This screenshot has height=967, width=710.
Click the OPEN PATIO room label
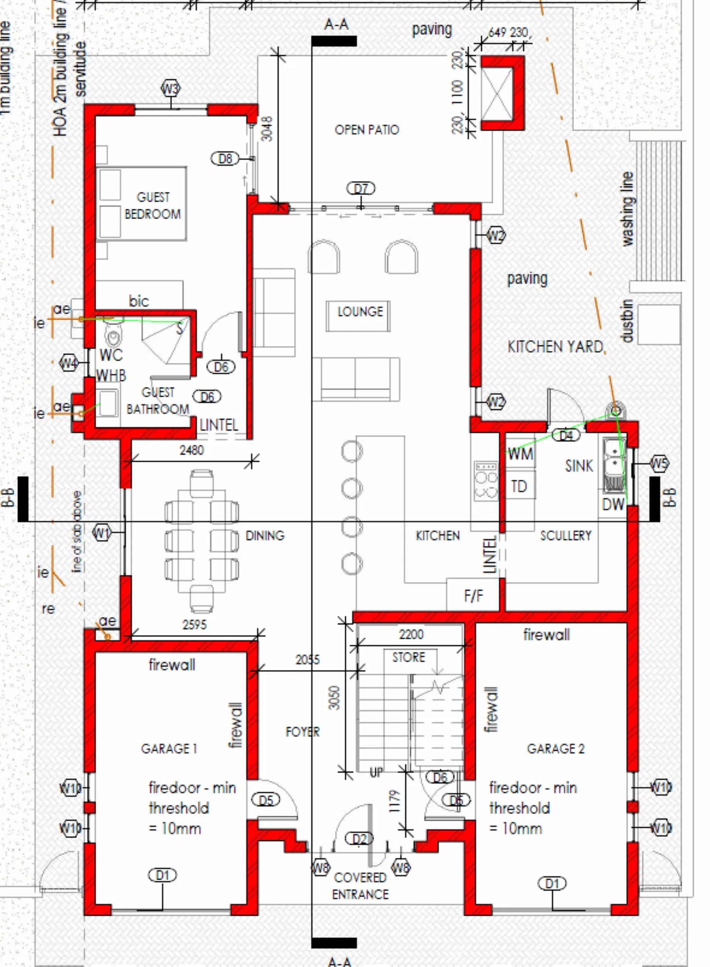tap(367, 130)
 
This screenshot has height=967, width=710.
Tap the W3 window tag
tap(170, 89)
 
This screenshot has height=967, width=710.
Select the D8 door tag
tap(225, 159)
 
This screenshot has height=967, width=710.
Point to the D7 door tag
tap(361, 188)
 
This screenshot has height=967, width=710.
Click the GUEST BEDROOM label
tap(153, 206)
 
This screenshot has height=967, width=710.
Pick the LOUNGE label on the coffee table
tap(360, 311)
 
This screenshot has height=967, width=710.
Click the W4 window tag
tap(69, 363)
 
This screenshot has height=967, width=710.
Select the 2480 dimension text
tap(192, 450)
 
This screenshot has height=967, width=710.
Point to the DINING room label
tap(265, 536)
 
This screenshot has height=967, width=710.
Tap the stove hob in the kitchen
tap(486, 481)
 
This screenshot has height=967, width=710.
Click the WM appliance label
tap(521, 454)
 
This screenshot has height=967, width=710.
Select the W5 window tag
tap(659, 464)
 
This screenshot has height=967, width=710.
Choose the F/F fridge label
tap(473, 596)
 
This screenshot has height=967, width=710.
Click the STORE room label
tap(408, 657)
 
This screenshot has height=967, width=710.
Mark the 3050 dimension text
tap(334, 698)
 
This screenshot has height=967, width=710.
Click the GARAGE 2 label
tap(555, 749)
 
